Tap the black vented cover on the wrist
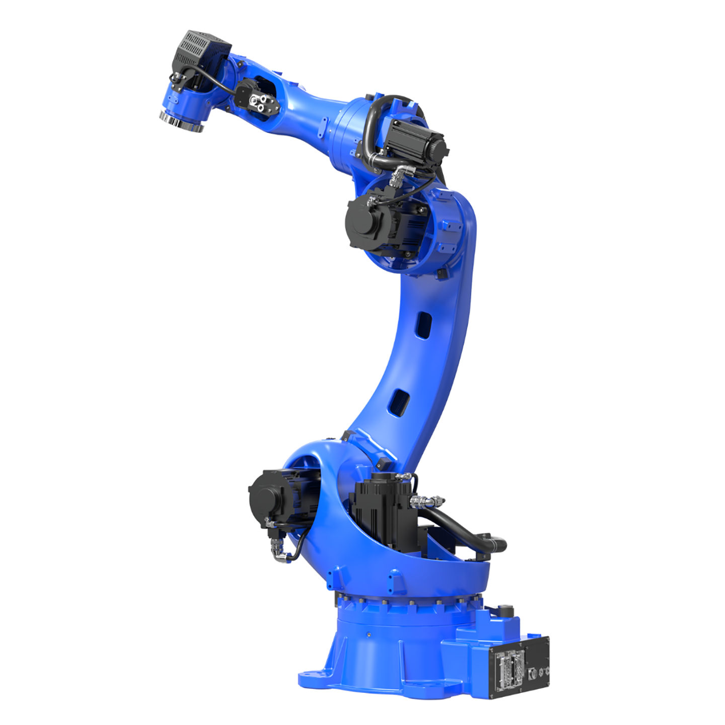[200, 53]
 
